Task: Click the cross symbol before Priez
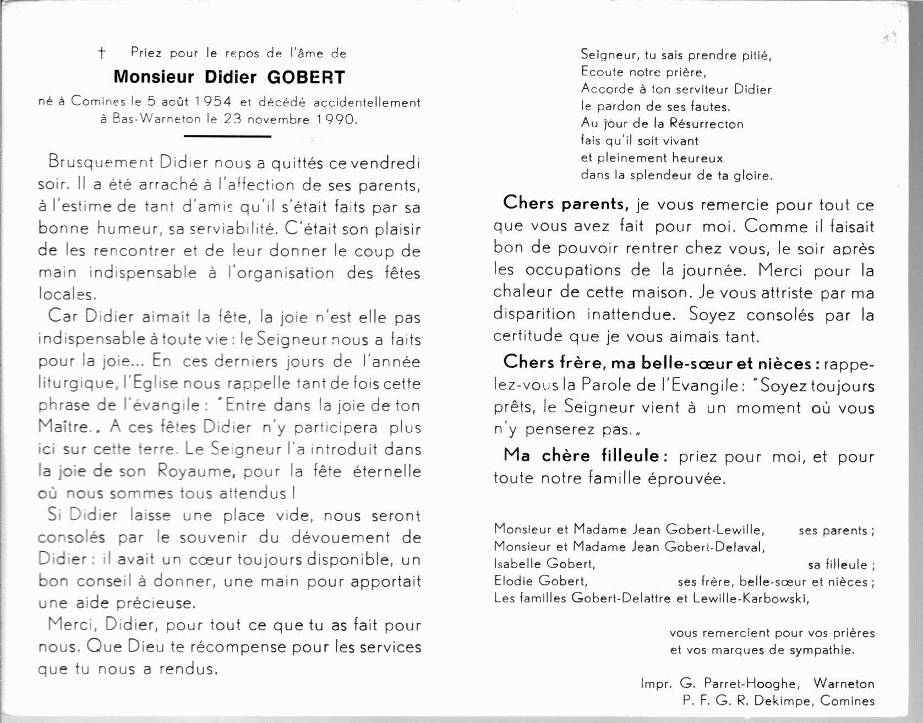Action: coord(102,53)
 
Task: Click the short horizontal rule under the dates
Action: coord(227,136)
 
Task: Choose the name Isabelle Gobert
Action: coord(544,564)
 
